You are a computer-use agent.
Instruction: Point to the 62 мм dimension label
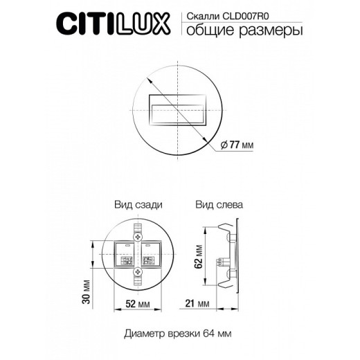tap(199, 255)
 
